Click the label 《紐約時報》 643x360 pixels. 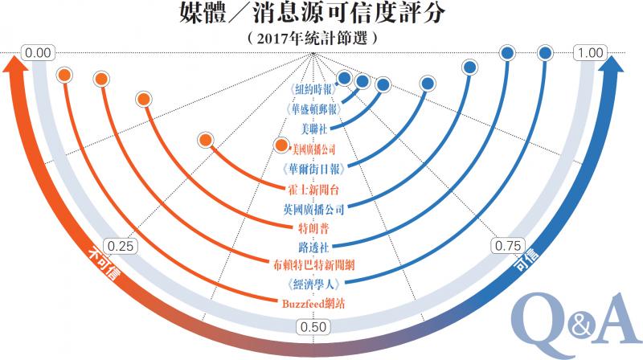[x=311, y=89]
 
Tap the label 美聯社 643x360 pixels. [x=311, y=128]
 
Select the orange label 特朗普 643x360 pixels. [x=311, y=227]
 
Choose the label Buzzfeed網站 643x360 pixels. [x=311, y=303]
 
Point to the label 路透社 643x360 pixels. [x=311, y=245]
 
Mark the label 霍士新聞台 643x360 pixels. [x=311, y=189]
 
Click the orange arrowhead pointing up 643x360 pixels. [x=17, y=72]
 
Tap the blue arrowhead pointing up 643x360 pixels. [x=615, y=72]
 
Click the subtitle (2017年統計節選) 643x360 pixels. [x=312, y=37]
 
